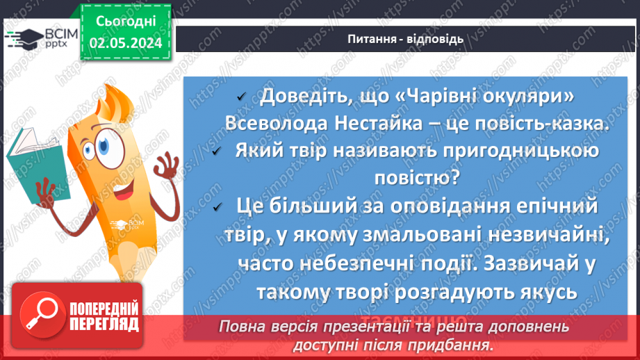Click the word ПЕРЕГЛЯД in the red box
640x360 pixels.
(x=104, y=325)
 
